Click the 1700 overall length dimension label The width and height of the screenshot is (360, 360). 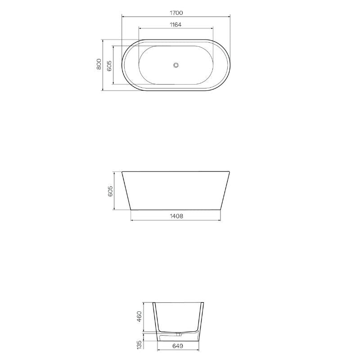point(176,13)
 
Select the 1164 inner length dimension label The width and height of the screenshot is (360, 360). point(176,25)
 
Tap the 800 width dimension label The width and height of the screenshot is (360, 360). point(99,65)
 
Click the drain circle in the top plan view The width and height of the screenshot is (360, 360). point(176,65)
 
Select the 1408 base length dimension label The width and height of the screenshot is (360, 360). point(176,216)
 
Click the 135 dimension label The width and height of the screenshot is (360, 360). point(139,344)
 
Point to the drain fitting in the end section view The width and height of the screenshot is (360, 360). point(180,334)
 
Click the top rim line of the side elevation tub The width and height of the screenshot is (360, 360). point(176,171)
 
